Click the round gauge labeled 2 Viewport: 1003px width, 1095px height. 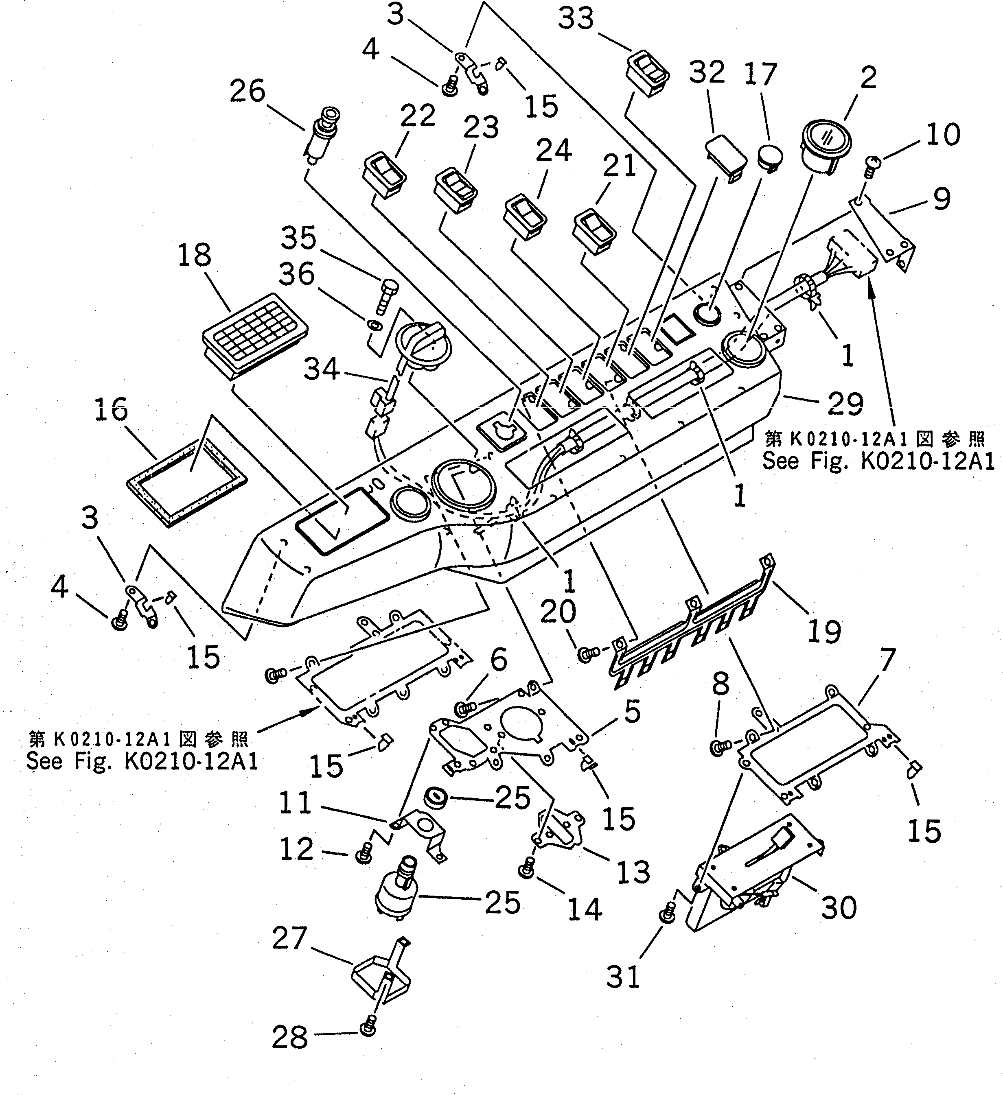coord(826,146)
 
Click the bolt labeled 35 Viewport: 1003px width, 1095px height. coord(388,297)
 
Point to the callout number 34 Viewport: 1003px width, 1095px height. coord(321,370)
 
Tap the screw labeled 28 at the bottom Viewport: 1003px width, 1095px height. coord(367,1028)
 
